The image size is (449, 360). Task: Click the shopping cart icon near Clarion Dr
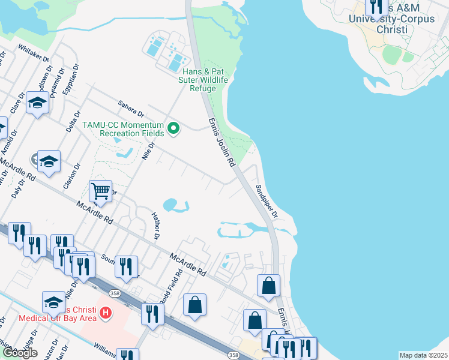tap(101, 191)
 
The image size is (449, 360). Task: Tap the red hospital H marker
tap(106, 313)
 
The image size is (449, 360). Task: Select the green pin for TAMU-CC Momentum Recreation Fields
tap(174, 128)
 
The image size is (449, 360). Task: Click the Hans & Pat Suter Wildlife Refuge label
tap(203, 79)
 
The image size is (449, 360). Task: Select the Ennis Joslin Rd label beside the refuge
tap(220, 142)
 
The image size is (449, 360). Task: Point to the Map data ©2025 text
tap(423, 355)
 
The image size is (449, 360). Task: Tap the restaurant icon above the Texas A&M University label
tap(377, 7)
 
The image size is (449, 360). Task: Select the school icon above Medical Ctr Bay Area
tap(53, 301)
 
